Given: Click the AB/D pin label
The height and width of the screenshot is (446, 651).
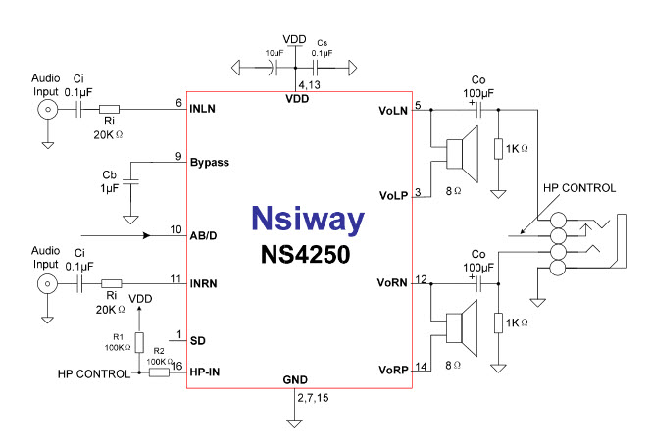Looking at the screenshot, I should tap(204, 236).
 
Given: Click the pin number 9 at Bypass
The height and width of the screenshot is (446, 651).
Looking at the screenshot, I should tap(177, 156).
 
